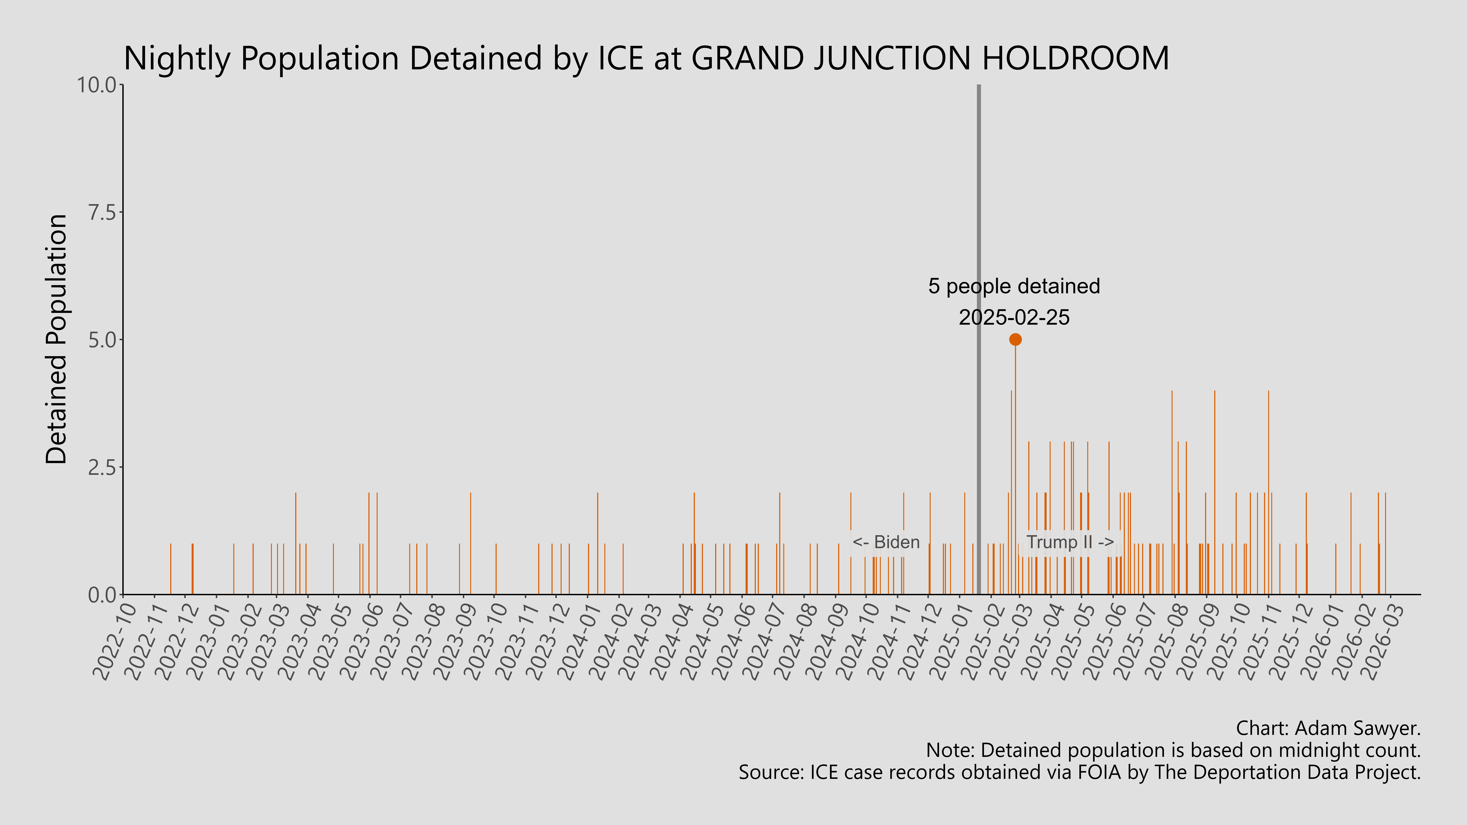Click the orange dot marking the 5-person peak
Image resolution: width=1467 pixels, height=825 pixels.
(x=1015, y=339)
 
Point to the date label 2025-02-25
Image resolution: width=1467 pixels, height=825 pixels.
(x=1014, y=317)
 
